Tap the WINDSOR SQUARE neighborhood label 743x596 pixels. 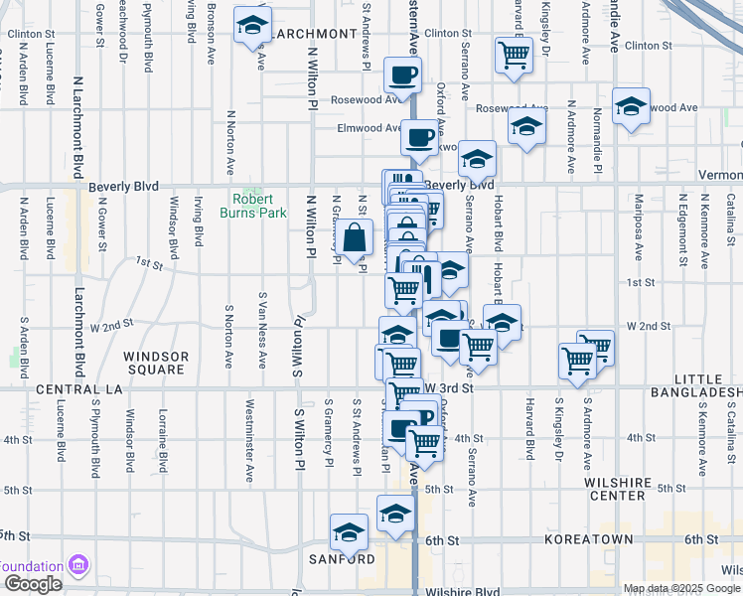155,363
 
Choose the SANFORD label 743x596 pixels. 354,558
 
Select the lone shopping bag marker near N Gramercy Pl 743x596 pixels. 355,238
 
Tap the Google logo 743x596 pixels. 32,584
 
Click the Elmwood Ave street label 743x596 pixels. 369,128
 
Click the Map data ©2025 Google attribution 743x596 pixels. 681,588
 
